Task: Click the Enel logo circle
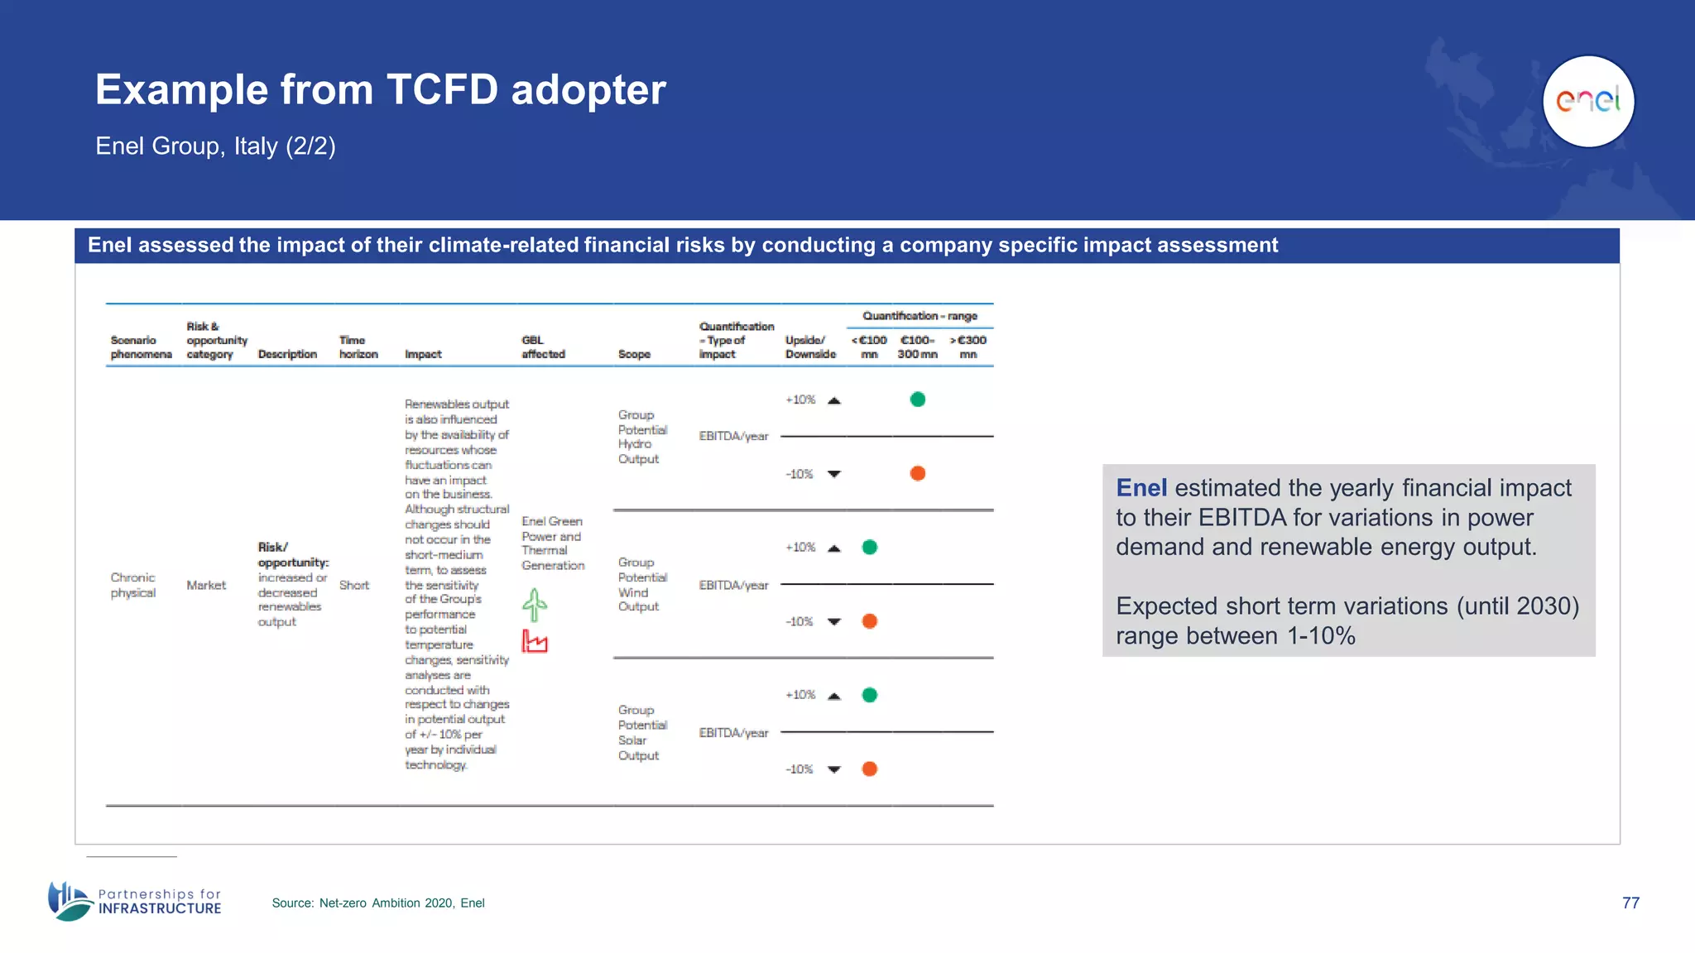point(1588,101)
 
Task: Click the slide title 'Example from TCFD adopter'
point(380,89)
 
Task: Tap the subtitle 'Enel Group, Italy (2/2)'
point(215,146)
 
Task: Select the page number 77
point(1630,903)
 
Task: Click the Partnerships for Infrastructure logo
point(135,901)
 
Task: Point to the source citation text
point(378,903)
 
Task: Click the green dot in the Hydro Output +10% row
point(917,400)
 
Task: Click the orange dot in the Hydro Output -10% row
point(917,473)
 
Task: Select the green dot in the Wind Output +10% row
point(869,547)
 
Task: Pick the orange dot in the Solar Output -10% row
point(869,769)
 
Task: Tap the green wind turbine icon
point(535,605)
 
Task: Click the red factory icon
point(535,641)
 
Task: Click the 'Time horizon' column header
point(358,347)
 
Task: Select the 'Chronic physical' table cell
point(133,585)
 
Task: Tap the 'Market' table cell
point(206,585)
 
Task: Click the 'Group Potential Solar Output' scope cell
point(641,732)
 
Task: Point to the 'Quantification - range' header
point(920,316)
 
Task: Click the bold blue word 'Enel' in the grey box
point(1140,488)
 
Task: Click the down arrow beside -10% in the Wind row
point(834,621)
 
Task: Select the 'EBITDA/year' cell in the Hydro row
point(733,436)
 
